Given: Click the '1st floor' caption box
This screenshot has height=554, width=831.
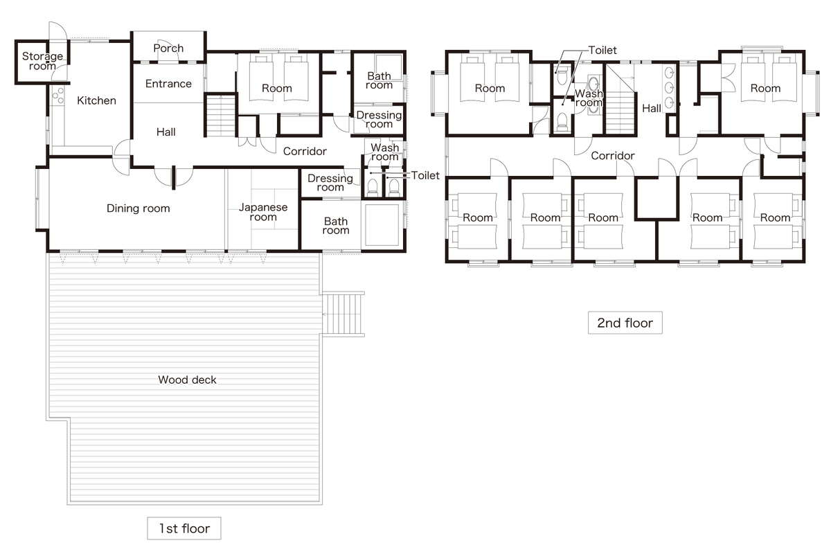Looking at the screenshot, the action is (x=184, y=528).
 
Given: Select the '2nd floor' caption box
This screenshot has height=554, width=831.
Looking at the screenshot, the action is (x=625, y=323).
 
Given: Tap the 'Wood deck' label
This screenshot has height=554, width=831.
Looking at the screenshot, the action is (x=187, y=379).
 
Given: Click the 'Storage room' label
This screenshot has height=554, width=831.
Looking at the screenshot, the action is (x=42, y=61).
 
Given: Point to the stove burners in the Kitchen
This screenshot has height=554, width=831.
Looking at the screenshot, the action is (x=58, y=96).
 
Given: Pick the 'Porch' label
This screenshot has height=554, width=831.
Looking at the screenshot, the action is (x=168, y=48).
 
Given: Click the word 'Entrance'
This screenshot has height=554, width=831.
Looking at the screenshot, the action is (x=168, y=84).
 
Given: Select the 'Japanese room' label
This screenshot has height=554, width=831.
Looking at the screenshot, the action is (x=263, y=212).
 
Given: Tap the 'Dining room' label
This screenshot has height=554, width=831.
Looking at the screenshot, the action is (x=138, y=208).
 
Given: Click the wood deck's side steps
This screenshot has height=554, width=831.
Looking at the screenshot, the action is (x=342, y=314).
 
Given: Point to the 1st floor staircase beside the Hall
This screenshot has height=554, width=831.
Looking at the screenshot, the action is (x=221, y=116).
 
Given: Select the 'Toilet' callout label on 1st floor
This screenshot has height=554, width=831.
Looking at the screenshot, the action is (x=425, y=175).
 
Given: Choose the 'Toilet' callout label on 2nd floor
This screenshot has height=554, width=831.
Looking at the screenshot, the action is (x=602, y=50).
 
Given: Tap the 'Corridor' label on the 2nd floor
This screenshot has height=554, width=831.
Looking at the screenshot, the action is (x=612, y=156).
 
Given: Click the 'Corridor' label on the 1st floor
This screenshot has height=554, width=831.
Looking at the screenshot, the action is (x=305, y=151).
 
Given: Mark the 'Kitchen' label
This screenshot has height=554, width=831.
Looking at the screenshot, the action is (x=96, y=100).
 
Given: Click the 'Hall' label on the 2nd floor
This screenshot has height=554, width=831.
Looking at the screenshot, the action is (x=652, y=108).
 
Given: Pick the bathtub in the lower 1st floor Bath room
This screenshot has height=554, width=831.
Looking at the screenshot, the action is (x=382, y=224).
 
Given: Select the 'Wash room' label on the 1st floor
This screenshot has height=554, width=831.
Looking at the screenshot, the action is (x=385, y=152).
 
